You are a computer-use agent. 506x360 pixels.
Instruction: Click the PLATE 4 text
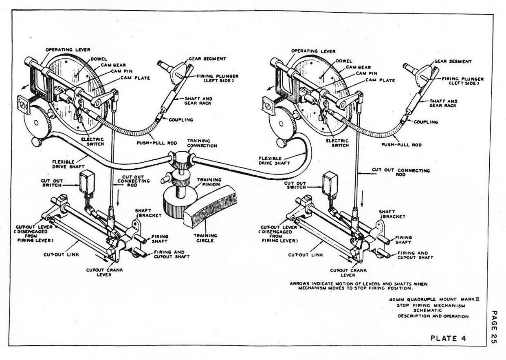pos(448,338)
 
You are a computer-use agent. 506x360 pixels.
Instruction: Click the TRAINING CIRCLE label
pos(205,238)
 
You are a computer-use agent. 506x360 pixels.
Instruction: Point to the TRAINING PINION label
pos(209,182)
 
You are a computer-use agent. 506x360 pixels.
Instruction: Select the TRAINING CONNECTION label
pos(202,143)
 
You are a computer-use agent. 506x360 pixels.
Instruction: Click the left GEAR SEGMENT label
pos(207,59)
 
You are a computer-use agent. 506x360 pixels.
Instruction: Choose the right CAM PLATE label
pos(381,80)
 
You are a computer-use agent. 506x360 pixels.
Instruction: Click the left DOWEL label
pos(99,59)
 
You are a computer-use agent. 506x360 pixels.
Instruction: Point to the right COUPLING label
pos(426,122)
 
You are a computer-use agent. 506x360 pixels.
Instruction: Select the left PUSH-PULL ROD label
pos(157,143)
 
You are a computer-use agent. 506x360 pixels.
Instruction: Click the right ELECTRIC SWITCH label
pos(338,143)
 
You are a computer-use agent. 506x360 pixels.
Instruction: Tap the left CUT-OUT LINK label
pos(61,255)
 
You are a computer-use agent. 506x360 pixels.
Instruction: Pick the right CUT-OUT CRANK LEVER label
pos(348,273)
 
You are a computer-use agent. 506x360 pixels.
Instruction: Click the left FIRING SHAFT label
pos(159,239)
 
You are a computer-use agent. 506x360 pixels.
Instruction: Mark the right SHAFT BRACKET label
pos(392,214)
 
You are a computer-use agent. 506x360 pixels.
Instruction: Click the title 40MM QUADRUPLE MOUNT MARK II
pos(434,300)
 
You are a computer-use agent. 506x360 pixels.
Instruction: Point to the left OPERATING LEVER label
pos(68,50)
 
